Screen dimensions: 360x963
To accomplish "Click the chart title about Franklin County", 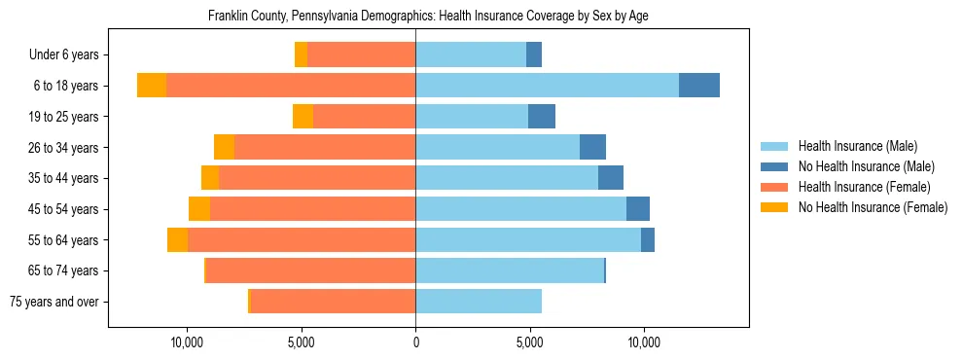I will [x=428, y=17].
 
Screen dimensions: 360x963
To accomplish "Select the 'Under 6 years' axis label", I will [x=70, y=55].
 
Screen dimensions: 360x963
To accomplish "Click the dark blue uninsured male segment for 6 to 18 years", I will [x=698, y=86].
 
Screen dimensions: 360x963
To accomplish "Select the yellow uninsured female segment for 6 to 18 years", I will [x=152, y=86].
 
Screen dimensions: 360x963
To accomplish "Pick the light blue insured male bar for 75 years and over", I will [x=478, y=302].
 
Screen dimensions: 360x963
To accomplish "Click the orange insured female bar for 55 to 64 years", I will [x=302, y=240].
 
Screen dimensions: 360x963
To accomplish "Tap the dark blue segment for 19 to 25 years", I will [x=541, y=117].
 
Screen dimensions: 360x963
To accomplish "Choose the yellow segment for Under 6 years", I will [x=301, y=55].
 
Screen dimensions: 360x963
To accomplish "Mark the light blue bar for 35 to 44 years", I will [x=506, y=178].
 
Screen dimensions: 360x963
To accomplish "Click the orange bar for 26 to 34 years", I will [x=325, y=147].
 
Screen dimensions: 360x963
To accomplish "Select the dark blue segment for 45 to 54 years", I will [x=637, y=209].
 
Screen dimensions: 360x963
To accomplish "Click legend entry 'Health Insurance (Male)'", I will [x=856, y=146].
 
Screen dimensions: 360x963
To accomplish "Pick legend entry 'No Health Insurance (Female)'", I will [x=873, y=207].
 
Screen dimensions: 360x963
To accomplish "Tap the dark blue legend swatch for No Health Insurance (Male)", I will [x=775, y=166].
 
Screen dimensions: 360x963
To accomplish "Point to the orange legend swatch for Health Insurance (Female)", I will [x=775, y=187].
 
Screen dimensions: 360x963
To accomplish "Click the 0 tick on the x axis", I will [x=415, y=342].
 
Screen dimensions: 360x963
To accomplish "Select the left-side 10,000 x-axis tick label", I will [x=186, y=342].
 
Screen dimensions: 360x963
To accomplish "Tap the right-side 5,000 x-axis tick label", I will [x=529, y=342].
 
